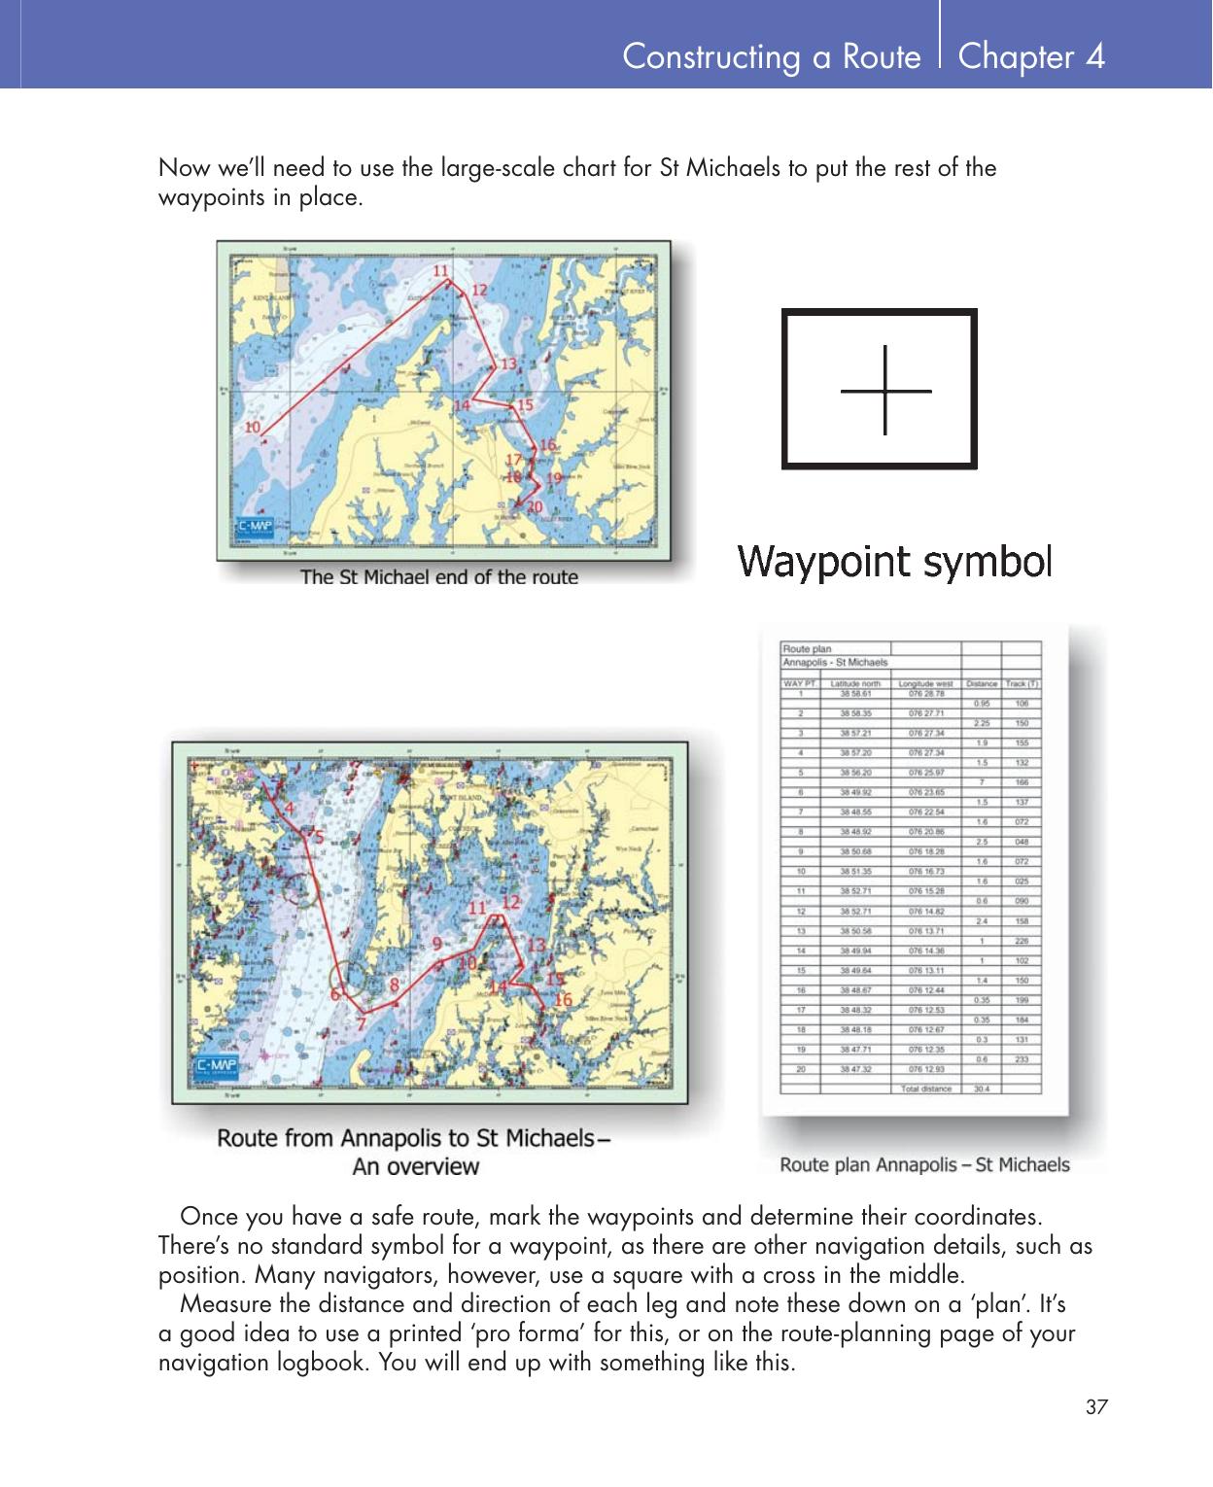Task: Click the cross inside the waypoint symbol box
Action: (885, 391)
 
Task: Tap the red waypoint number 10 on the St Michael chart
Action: (252, 427)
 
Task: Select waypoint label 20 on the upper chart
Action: (534, 506)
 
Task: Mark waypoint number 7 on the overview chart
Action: (361, 1023)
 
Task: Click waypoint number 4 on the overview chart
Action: (289, 806)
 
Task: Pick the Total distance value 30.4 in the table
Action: (982, 1089)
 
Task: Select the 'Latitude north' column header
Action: (855, 683)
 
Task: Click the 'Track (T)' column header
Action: (1022, 683)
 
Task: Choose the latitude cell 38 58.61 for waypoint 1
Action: (855, 694)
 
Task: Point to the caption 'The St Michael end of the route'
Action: (438, 577)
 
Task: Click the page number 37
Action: (1096, 1406)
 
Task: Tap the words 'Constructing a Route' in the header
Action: (771, 56)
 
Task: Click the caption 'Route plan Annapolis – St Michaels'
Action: (924, 1164)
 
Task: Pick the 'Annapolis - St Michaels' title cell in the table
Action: (835, 662)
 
